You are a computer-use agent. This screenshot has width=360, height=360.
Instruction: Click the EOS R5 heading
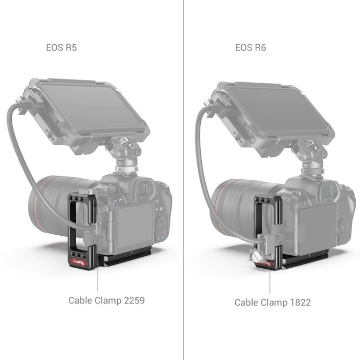click(x=62, y=47)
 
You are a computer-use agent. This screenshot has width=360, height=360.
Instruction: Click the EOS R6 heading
click(x=250, y=47)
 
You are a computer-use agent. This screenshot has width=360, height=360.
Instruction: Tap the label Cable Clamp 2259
click(x=106, y=300)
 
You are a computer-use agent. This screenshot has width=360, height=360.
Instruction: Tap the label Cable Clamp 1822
click(x=272, y=302)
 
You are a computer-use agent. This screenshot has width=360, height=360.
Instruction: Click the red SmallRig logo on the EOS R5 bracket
click(x=78, y=263)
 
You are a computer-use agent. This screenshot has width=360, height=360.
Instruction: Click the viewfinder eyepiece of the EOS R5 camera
click(x=131, y=190)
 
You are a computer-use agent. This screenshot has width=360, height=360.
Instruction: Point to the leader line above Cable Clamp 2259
click(x=97, y=278)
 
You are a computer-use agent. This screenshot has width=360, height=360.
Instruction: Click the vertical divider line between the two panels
click(x=184, y=162)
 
